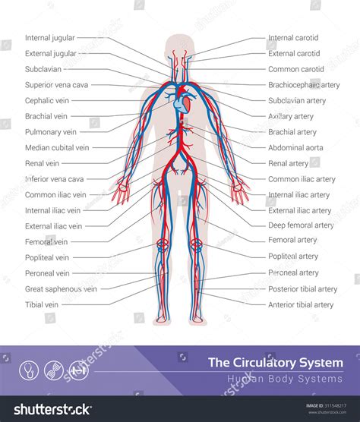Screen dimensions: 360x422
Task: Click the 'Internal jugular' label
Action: click(50, 38)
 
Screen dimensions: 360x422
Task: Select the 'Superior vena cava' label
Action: click(56, 85)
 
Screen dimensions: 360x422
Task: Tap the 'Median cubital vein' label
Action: click(57, 148)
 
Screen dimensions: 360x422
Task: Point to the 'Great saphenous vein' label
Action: click(61, 289)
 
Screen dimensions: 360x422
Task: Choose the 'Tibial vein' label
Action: click(42, 304)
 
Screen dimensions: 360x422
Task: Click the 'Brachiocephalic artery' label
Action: click(304, 85)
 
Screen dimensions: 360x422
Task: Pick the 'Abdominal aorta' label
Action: click(295, 148)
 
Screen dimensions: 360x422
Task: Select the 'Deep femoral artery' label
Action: click(301, 225)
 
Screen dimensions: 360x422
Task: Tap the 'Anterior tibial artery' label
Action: click(301, 304)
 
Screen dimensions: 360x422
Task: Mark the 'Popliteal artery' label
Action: click(293, 257)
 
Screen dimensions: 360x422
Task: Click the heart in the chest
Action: click(182, 102)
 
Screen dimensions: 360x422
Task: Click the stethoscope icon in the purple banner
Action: click(29, 370)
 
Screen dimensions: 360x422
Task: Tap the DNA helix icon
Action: click(54, 370)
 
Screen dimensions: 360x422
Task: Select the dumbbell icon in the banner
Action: click(79, 370)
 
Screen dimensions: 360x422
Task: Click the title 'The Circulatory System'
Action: click(276, 363)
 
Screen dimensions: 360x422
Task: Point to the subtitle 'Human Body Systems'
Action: click(285, 379)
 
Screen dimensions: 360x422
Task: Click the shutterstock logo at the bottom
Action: click(52, 409)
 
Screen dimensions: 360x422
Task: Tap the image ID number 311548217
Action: click(336, 405)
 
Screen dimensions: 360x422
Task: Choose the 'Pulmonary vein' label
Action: click(51, 132)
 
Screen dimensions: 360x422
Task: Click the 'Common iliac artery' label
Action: click(302, 179)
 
